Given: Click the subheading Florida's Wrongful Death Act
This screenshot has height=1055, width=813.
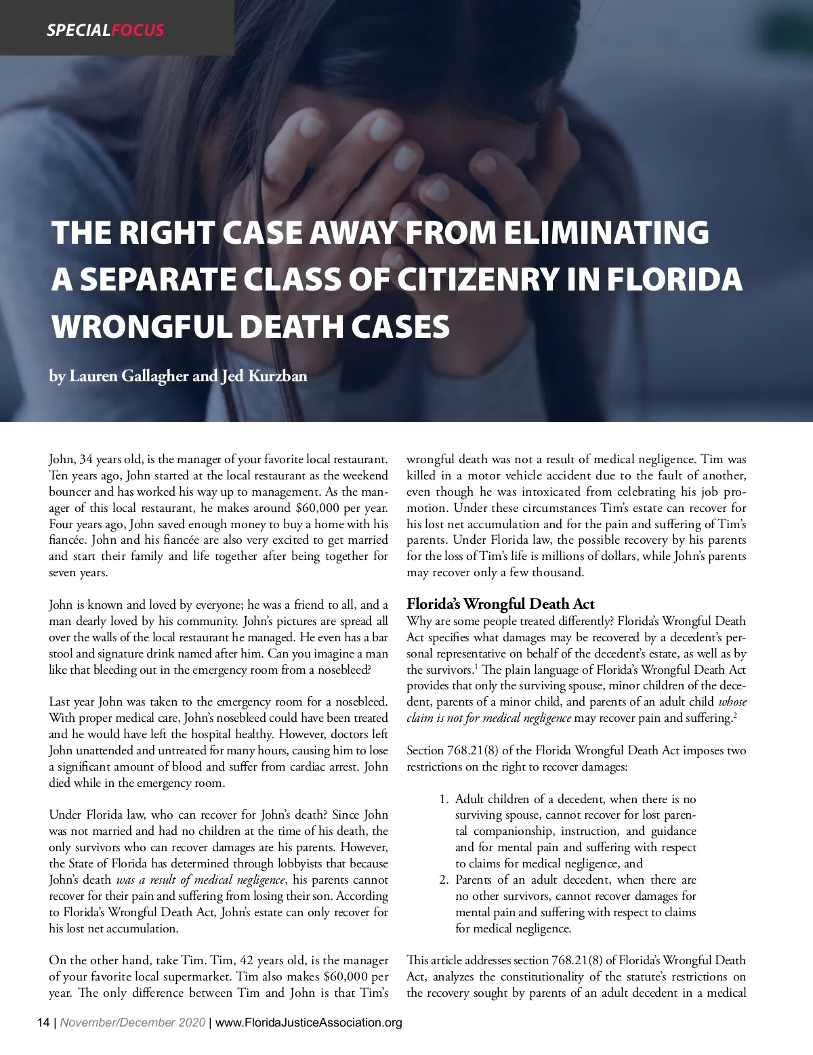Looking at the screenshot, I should coord(500,605).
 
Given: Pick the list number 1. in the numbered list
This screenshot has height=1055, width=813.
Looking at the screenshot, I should coord(444,799).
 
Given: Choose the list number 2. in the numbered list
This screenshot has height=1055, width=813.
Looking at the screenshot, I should coord(444,880).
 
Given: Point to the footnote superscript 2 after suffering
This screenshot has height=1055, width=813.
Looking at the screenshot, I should coord(734,715).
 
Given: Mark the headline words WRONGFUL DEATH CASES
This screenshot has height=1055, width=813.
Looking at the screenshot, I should coord(251,326).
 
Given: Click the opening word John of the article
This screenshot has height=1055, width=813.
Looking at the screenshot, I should coord(62,460).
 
